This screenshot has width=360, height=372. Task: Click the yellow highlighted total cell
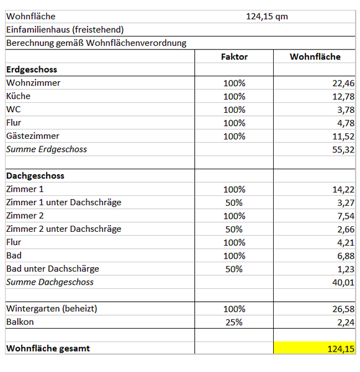click(x=315, y=348)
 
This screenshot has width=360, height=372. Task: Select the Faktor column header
click(x=234, y=56)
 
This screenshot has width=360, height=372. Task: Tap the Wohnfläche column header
click(x=315, y=56)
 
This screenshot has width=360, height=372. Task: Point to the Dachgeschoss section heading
click(x=35, y=175)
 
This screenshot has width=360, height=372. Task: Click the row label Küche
click(x=18, y=96)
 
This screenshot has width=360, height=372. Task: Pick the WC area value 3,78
click(x=346, y=110)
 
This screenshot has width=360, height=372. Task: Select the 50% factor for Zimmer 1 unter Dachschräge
click(x=234, y=202)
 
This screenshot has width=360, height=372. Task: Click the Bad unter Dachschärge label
click(x=52, y=268)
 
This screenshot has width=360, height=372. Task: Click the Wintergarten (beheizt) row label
click(x=52, y=308)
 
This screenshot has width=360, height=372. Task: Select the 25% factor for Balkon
click(x=234, y=322)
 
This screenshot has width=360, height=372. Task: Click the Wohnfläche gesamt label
click(x=48, y=348)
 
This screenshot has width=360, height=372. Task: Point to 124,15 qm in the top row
click(x=267, y=17)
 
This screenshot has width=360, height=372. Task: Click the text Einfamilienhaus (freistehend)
click(x=65, y=30)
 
